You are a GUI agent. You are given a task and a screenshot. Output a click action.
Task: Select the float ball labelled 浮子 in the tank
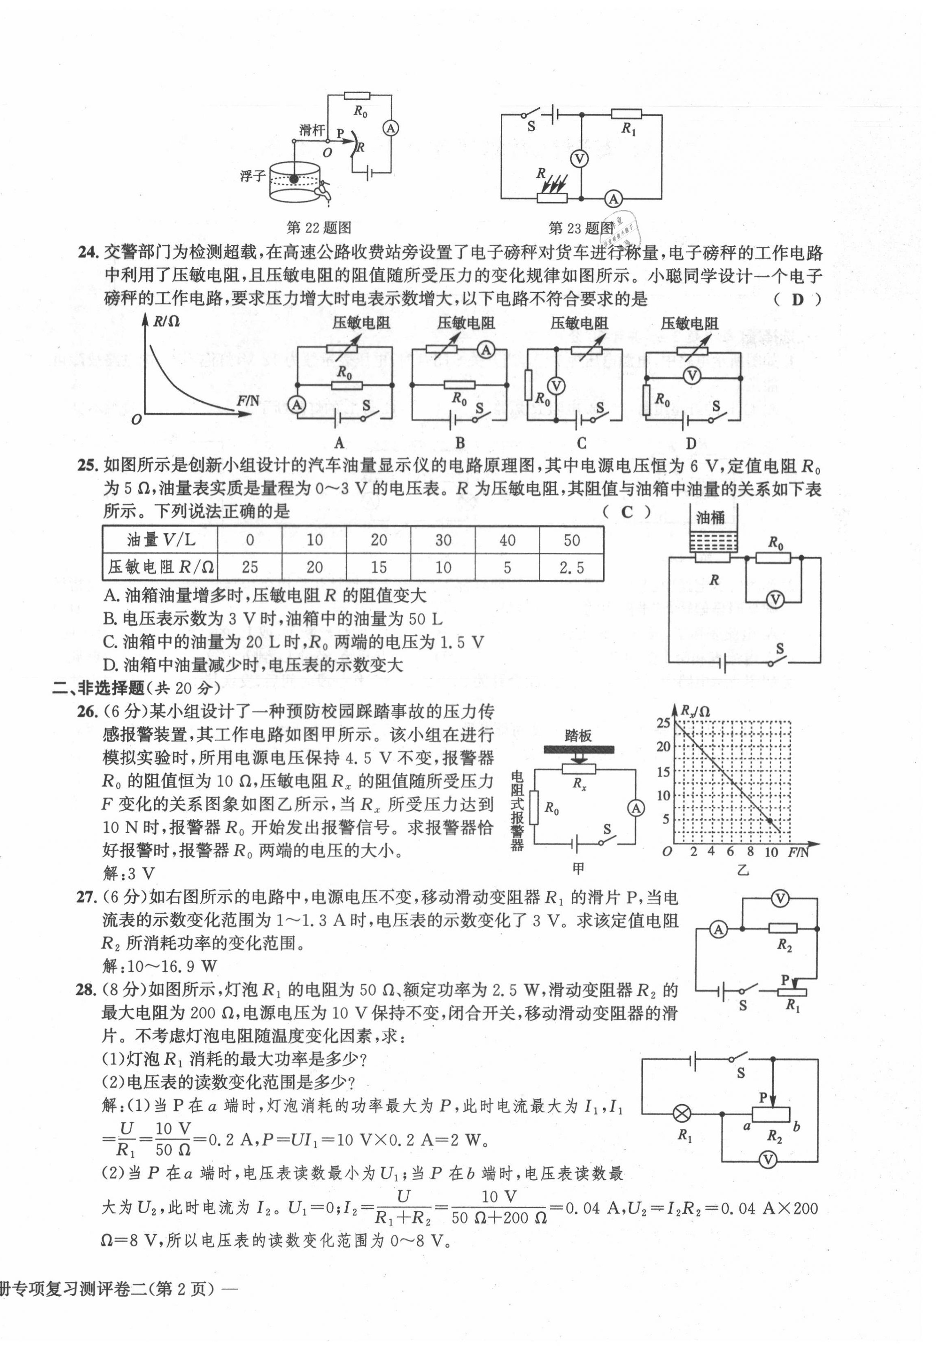[x=293, y=179]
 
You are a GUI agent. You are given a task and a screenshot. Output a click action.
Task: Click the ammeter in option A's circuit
[x=297, y=405]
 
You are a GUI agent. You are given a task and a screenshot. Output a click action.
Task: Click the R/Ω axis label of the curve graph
[x=166, y=321]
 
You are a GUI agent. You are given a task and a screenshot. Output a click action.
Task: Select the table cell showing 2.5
[x=571, y=567]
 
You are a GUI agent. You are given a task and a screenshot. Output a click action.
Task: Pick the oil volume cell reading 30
[x=443, y=540]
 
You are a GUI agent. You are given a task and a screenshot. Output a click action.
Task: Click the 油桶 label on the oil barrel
[x=710, y=517]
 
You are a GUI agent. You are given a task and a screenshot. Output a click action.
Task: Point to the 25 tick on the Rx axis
[x=663, y=723]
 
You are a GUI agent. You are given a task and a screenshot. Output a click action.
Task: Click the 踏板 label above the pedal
[x=578, y=736]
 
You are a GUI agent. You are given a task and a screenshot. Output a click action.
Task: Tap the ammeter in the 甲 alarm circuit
[x=636, y=808]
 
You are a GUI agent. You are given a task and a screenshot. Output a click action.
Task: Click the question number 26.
[x=86, y=712]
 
